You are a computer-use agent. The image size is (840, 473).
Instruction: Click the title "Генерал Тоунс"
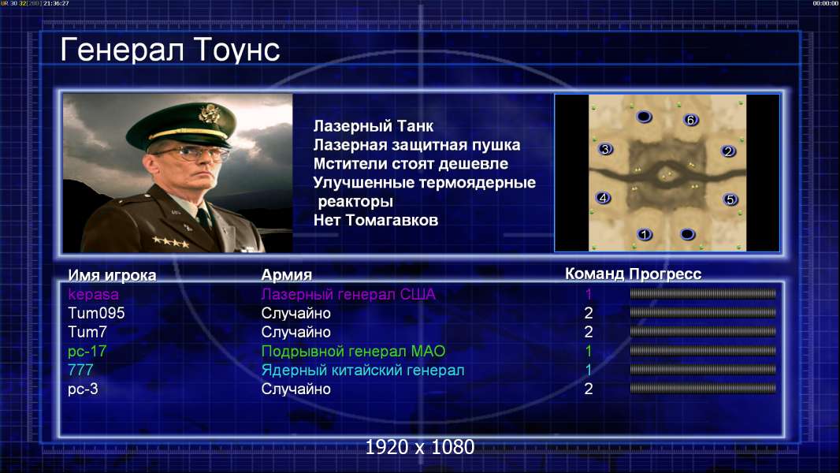pyautogui.click(x=170, y=50)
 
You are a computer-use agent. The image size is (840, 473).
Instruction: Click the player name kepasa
pyautogui.click(x=93, y=295)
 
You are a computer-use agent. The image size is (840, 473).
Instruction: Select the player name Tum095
pyautogui.click(x=96, y=313)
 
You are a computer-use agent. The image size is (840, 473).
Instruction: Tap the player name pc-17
pyautogui.click(x=87, y=352)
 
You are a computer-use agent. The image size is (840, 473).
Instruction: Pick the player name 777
pyautogui.click(x=80, y=370)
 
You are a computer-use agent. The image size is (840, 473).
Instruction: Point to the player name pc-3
pyautogui.click(x=83, y=389)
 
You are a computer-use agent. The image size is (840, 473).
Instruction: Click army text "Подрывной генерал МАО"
pyautogui.click(x=353, y=352)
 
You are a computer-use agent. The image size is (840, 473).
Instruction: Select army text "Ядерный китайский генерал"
pyautogui.click(x=362, y=371)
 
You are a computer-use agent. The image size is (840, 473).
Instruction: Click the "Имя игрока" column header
pyautogui.click(x=112, y=275)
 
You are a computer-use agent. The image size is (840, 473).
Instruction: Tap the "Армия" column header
pyautogui.click(x=287, y=275)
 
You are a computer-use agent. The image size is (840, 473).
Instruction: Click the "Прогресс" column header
pyautogui.click(x=665, y=274)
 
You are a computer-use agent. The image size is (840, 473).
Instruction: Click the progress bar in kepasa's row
pyautogui.click(x=703, y=293)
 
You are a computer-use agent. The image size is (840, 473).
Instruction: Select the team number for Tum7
pyautogui.click(x=588, y=332)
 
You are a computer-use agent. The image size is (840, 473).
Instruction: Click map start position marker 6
pyautogui.click(x=690, y=120)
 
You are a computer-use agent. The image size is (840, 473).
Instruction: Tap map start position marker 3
pyautogui.click(x=605, y=150)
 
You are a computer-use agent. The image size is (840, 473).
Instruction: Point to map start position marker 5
pyautogui.click(x=730, y=199)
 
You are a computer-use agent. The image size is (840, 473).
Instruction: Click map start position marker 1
pyautogui.click(x=645, y=234)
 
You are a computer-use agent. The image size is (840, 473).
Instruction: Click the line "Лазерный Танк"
pyautogui.click(x=374, y=126)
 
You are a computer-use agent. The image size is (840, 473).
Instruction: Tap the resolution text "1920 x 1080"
pyautogui.click(x=420, y=447)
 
